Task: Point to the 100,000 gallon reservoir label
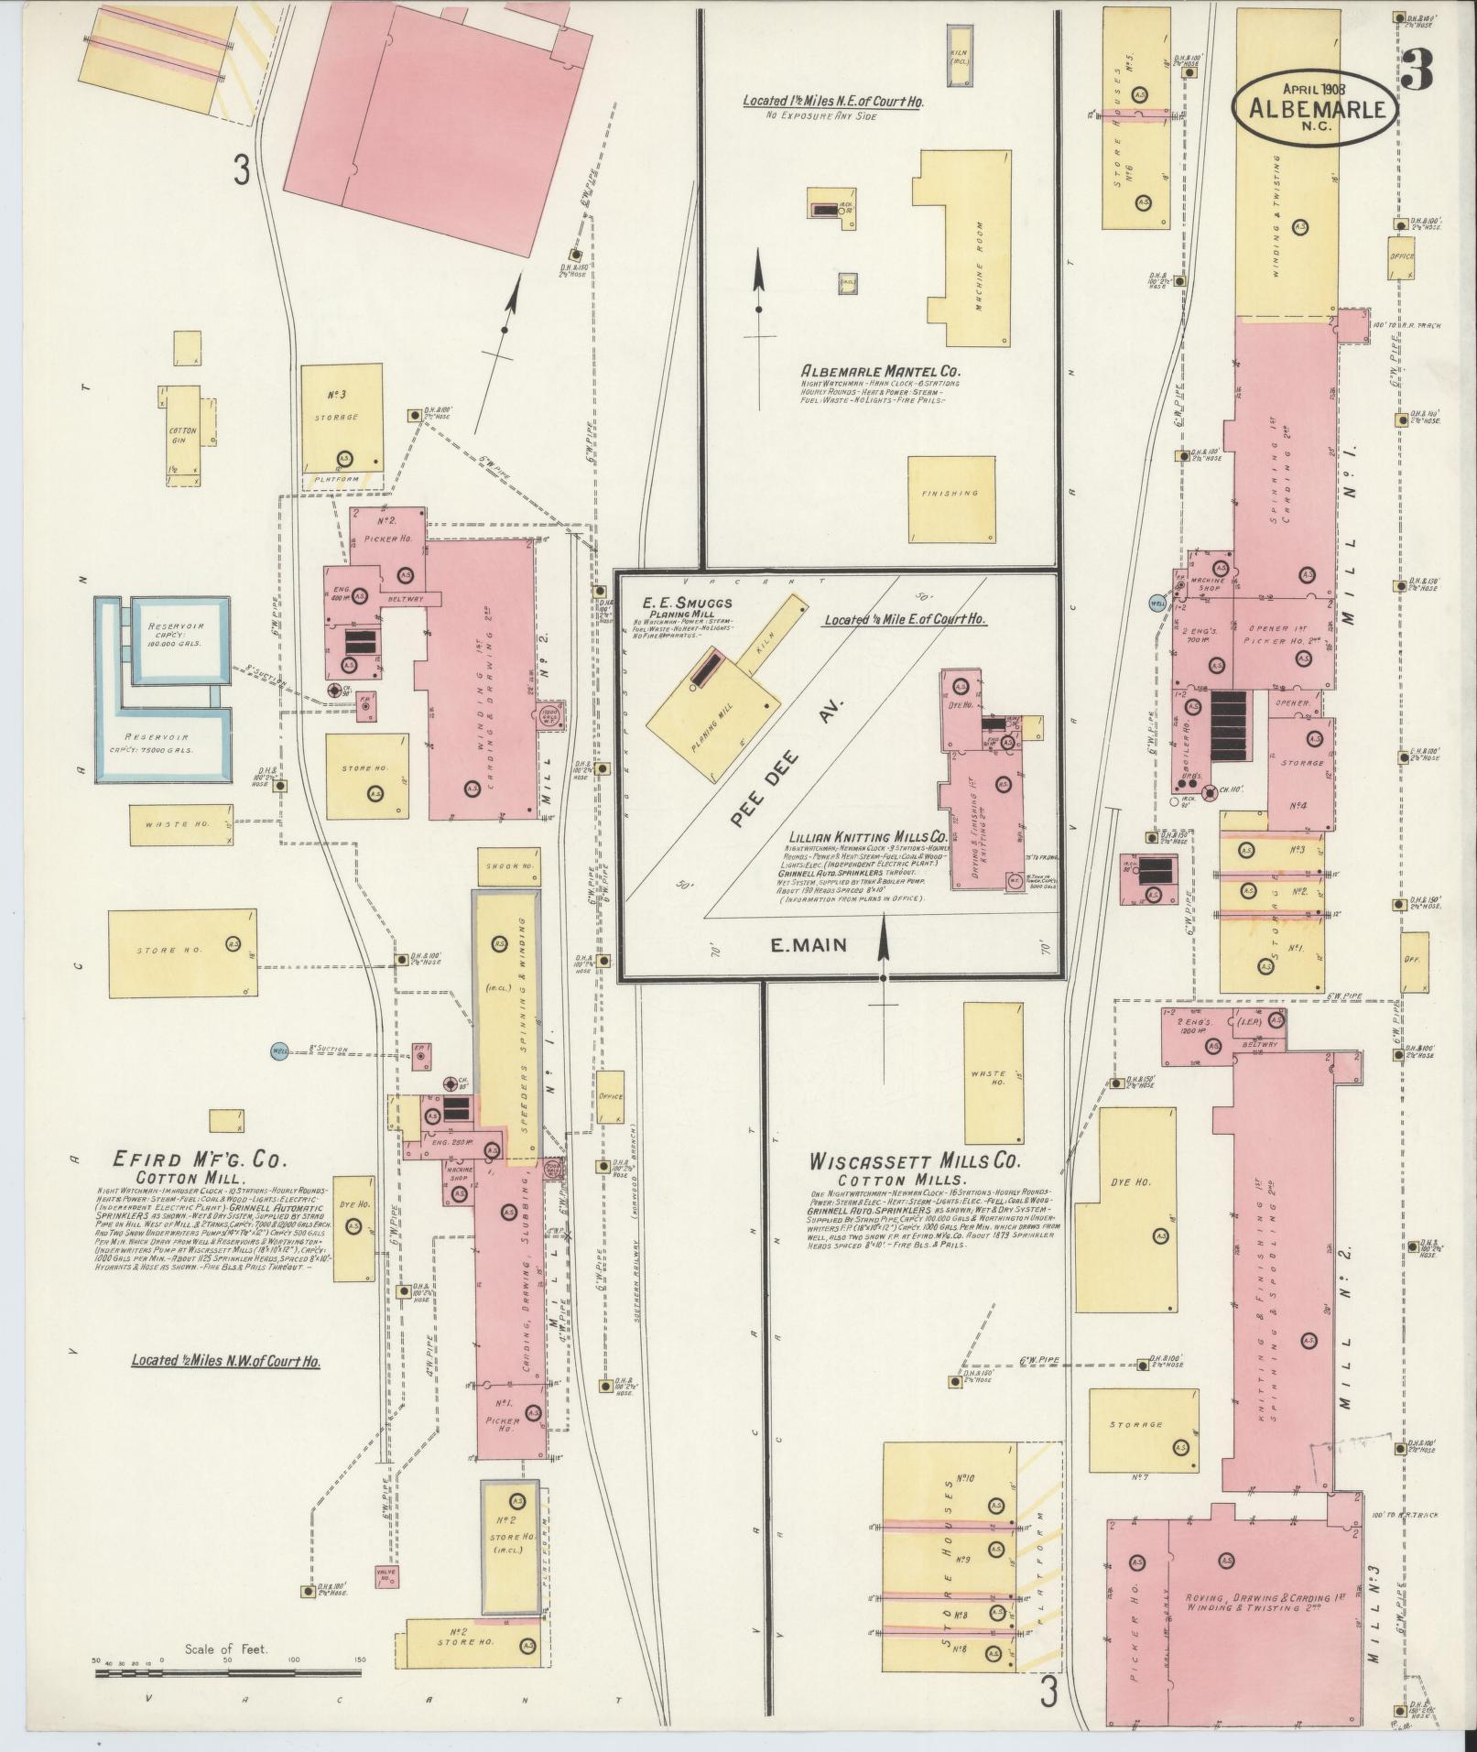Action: point(176,635)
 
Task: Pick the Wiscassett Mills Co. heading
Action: point(913,1161)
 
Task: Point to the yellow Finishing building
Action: point(951,499)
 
